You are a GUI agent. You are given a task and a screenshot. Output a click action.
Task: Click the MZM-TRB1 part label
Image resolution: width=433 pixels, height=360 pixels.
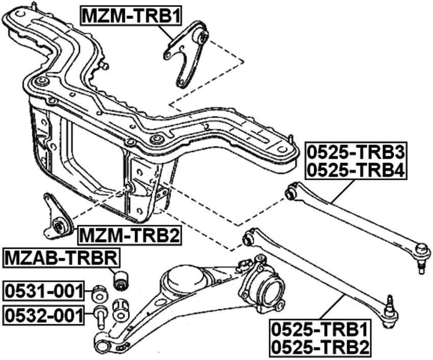click(x=131, y=16)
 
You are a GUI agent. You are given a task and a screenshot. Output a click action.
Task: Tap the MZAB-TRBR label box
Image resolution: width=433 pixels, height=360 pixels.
click(x=62, y=259)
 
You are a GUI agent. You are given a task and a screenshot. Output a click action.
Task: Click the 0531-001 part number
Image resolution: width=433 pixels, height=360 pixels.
click(x=43, y=291)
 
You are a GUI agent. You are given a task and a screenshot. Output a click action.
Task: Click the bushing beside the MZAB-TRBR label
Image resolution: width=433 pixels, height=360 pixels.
click(x=121, y=279)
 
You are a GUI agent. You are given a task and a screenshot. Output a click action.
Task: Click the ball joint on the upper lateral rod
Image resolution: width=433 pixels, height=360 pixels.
click(x=421, y=252)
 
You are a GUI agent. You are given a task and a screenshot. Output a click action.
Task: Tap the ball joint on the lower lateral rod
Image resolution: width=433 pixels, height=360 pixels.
click(x=390, y=312)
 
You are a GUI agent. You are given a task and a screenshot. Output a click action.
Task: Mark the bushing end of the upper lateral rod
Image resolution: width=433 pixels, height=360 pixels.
click(x=291, y=193)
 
